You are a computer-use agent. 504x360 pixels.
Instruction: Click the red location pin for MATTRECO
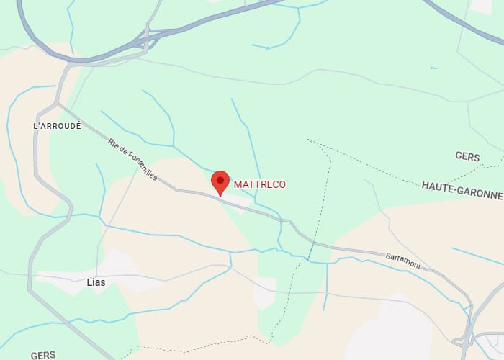coord(220,181)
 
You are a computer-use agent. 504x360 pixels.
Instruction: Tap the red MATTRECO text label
coord(260,185)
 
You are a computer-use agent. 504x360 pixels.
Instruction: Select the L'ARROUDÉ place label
coord(58,125)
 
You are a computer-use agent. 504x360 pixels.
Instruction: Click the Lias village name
coord(96,282)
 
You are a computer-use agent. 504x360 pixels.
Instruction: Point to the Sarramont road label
coord(403,260)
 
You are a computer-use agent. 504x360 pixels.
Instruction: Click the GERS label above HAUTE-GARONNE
coord(467,156)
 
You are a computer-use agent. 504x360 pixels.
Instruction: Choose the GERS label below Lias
coord(43,355)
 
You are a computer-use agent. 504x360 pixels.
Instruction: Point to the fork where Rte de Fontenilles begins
coord(58,104)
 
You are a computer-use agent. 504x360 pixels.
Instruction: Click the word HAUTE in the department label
coord(436,186)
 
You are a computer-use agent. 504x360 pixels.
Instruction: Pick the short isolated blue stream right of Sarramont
coord(475,256)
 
